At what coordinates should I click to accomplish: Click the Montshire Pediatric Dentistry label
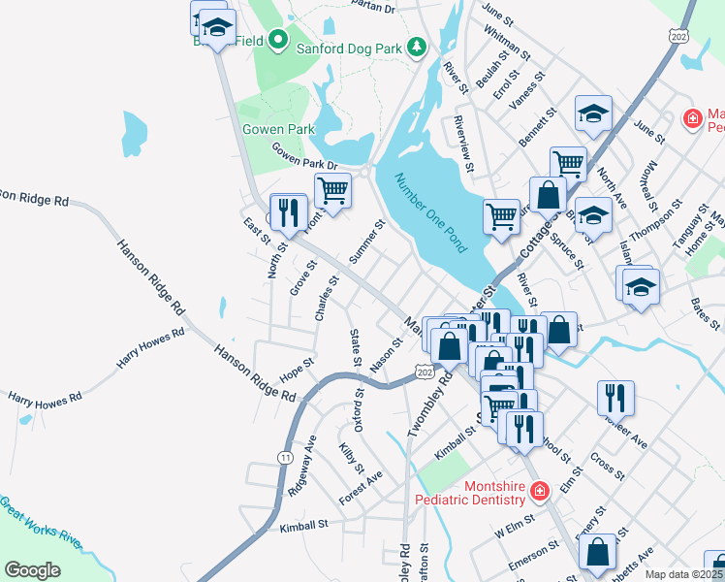click(x=469, y=492)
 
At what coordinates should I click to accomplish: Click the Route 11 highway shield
click(x=284, y=457)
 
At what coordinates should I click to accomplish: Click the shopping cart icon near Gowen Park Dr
click(x=332, y=190)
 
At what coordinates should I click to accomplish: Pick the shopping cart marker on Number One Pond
click(x=501, y=215)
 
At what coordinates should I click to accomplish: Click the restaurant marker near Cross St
click(x=615, y=397)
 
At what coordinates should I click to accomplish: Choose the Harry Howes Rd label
click(x=150, y=348)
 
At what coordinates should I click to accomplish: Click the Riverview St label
click(x=464, y=146)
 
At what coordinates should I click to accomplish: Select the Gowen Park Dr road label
click(x=303, y=156)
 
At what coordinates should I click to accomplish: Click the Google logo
click(x=32, y=569)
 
